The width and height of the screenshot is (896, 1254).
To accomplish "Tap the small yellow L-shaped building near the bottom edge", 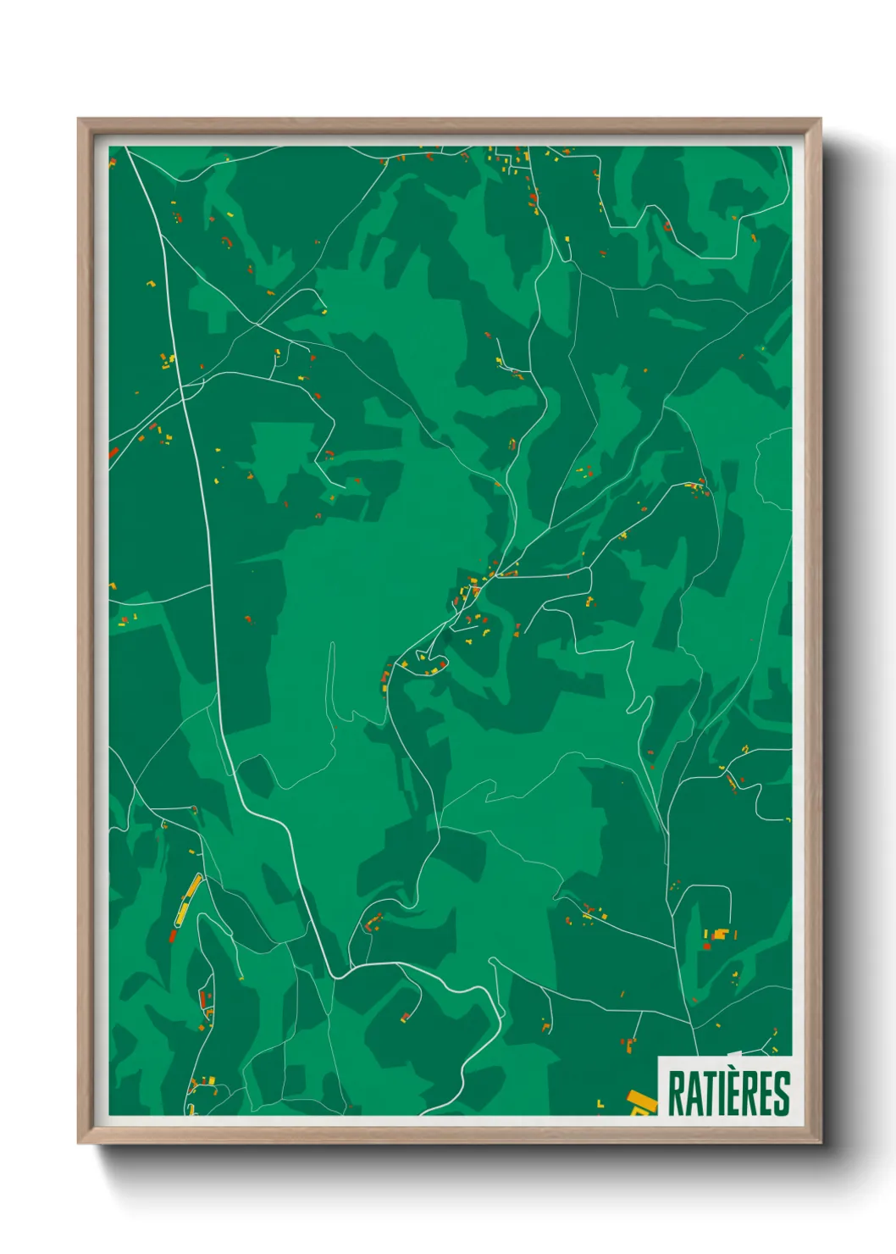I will pos(600,1103).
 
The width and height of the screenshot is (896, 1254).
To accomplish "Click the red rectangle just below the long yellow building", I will pos(174,935).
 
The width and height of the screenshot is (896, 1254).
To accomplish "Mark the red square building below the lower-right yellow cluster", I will pos(706,946).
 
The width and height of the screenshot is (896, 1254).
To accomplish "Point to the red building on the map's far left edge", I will pos(113,453).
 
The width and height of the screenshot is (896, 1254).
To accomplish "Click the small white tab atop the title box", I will pos(733,1054).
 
